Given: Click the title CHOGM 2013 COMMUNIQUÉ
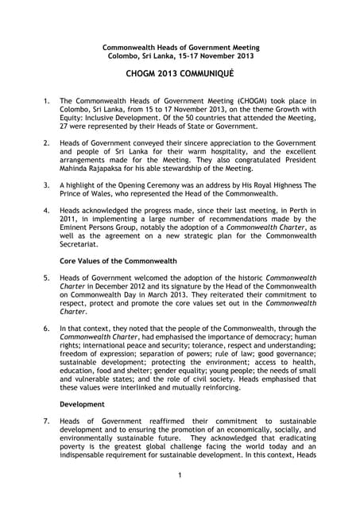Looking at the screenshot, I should (180, 73).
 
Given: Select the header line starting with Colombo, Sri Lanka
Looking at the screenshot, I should (180, 56).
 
